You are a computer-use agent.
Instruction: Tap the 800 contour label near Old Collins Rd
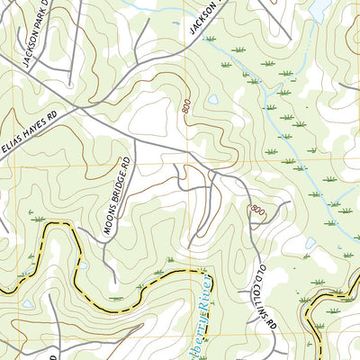coord(259,210)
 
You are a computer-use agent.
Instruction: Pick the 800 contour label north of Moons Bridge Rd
coord(185,107)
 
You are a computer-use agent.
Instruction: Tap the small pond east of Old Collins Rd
coord(337,242)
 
